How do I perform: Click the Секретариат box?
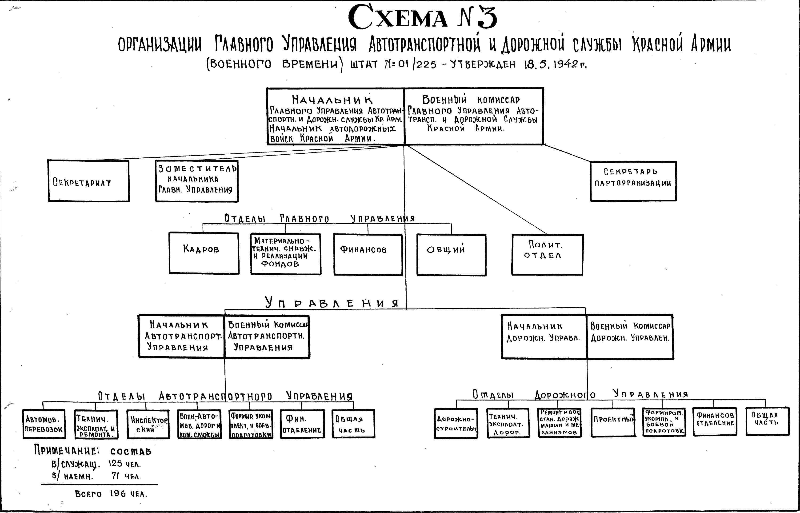(x=89, y=181)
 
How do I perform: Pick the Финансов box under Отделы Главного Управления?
(x=368, y=255)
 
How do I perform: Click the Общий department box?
(x=451, y=255)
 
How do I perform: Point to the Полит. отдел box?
(x=547, y=255)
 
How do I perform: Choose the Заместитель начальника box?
(x=197, y=181)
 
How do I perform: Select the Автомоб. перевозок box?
(x=44, y=424)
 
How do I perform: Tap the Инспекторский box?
(x=148, y=424)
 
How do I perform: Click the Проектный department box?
(x=613, y=422)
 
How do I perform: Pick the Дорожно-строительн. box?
(x=456, y=423)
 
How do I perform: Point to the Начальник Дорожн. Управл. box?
(x=544, y=337)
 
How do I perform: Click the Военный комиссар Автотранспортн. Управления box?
(x=267, y=337)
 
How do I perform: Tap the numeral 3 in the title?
(x=486, y=17)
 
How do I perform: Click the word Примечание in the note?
(x=67, y=451)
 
